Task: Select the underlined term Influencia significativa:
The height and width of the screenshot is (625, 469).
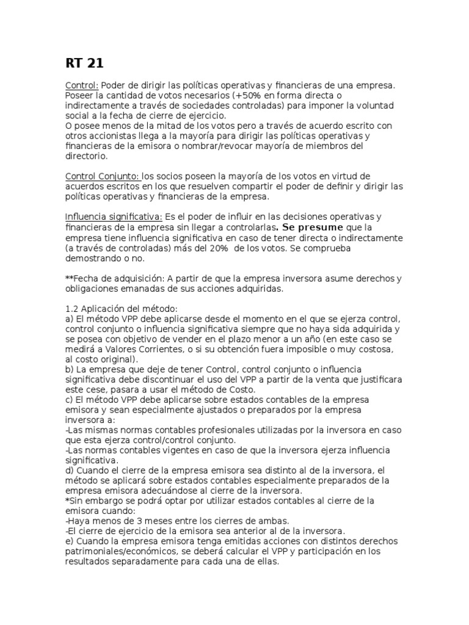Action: (x=114, y=217)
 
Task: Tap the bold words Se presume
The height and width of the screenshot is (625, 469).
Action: (x=305, y=228)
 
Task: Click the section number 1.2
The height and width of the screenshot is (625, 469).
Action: (x=71, y=309)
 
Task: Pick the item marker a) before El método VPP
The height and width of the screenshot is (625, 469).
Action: (x=69, y=319)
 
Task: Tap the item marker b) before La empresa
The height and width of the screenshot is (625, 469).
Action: (x=69, y=370)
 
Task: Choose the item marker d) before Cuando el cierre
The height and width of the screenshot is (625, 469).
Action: (x=69, y=471)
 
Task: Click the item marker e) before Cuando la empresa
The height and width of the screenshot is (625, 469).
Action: (x=69, y=541)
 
